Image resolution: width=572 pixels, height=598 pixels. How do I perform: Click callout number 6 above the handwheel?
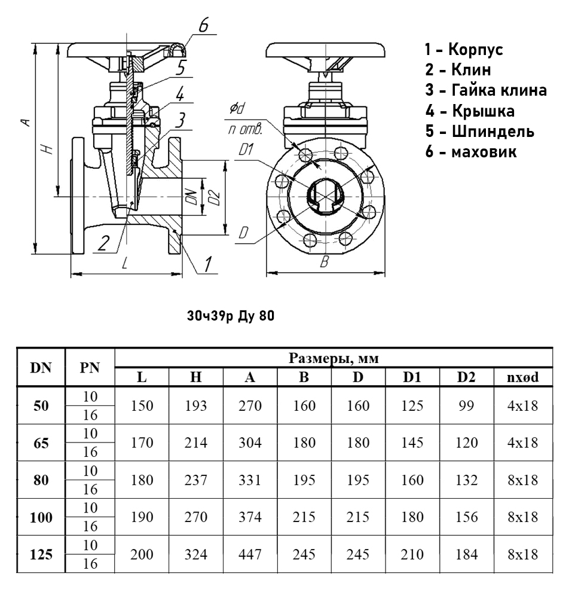(x=203, y=25)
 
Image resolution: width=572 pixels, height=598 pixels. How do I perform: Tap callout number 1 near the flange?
(x=207, y=264)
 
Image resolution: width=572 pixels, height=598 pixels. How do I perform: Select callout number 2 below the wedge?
(x=103, y=243)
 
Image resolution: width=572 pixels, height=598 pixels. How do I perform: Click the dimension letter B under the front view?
(x=325, y=262)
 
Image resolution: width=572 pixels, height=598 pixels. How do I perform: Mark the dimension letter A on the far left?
(x=26, y=122)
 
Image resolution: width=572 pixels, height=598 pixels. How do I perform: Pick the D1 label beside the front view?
(x=246, y=149)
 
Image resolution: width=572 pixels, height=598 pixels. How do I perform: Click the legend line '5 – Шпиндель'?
(x=480, y=131)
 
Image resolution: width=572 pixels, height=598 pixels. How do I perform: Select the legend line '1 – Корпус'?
(x=464, y=49)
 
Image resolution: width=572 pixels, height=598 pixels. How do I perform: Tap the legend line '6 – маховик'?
(x=470, y=152)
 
